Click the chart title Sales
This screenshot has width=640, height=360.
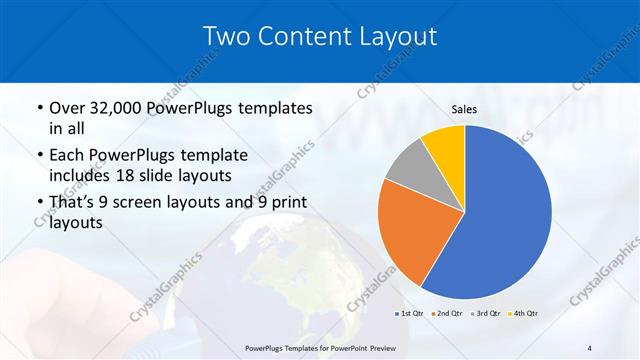pyautogui.click(x=464, y=108)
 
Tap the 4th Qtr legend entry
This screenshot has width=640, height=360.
pyautogui.click(x=524, y=314)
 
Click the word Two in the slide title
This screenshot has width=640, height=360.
pyautogui.click(x=226, y=36)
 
